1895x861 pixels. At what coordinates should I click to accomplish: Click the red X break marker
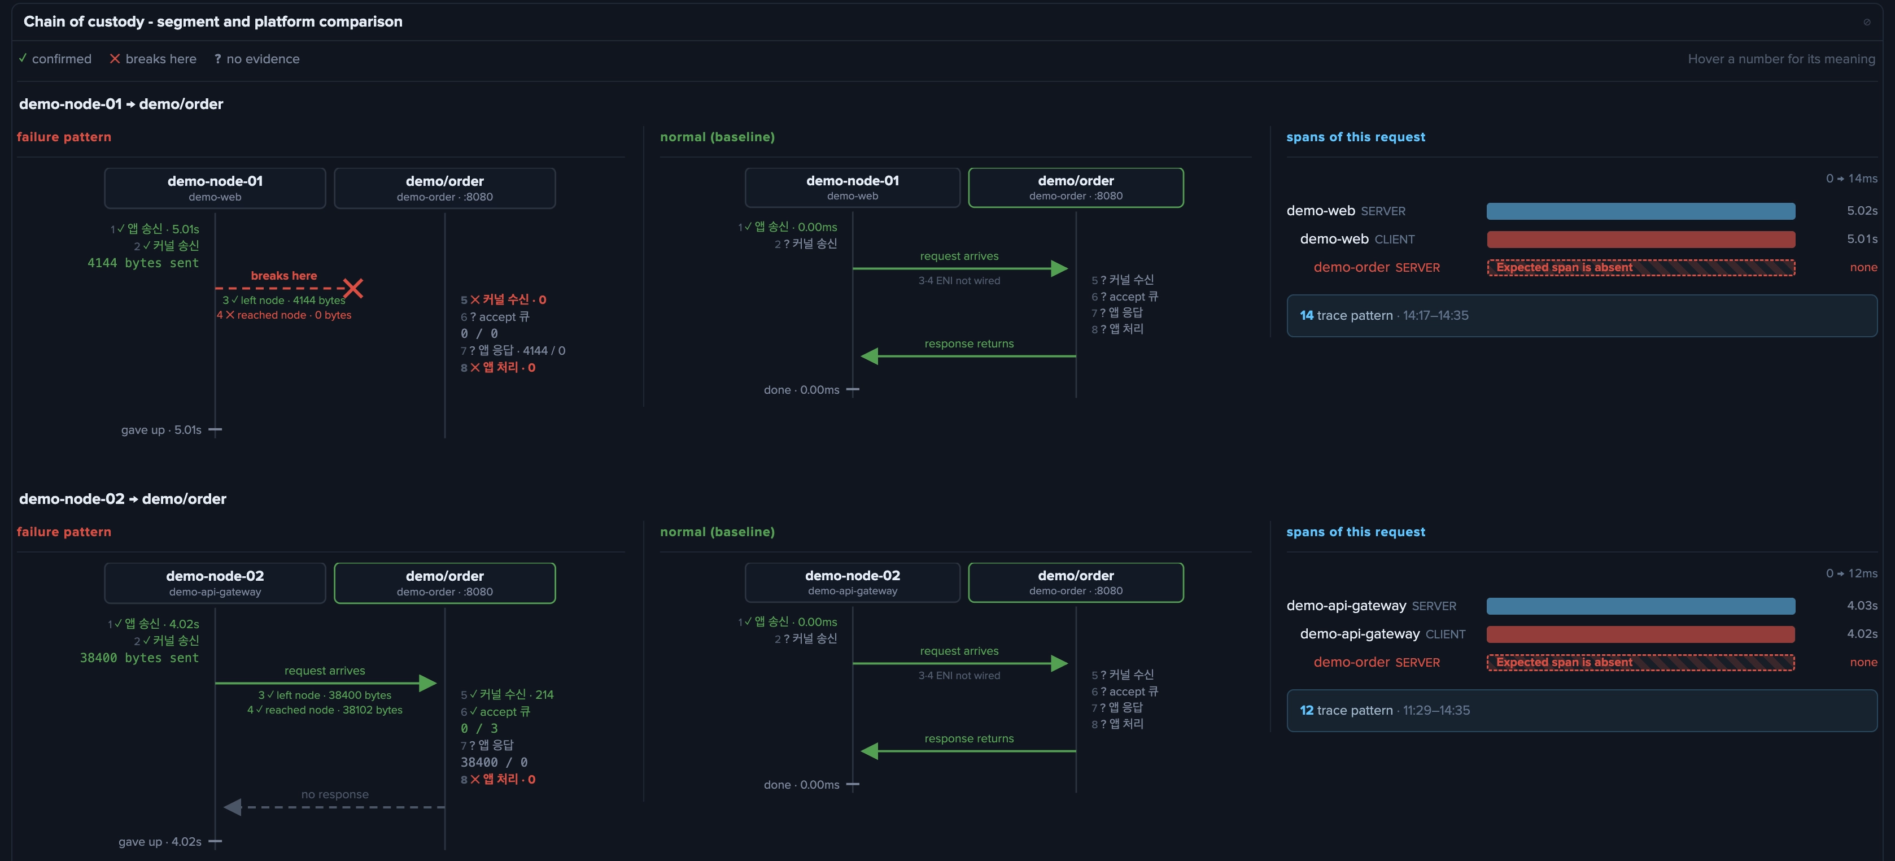point(353,288)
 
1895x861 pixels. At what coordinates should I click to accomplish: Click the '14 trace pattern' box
point(1582,316)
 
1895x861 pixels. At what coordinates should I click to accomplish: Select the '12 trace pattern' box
point(1582,710)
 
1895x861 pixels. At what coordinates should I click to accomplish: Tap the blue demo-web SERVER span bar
point(1640,211)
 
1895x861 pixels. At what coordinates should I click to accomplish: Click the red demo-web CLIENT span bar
point(1640,239)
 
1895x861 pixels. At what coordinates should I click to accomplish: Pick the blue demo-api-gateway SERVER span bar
point(1640,606)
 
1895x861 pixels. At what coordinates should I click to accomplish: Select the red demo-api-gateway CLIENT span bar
point(1640,634)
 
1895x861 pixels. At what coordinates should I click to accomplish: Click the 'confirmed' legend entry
point(55,59)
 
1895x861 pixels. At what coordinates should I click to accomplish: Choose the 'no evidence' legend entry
point(257,59)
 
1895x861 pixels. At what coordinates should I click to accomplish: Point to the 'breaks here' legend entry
point(153,59)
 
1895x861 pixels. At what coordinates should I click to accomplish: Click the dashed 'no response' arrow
point(335,807)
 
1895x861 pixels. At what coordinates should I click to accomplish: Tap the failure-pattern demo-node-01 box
point(215,188)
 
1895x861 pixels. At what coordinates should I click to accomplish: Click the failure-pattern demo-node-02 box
point(215,583)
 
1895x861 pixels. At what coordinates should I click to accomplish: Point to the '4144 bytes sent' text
point(143,263)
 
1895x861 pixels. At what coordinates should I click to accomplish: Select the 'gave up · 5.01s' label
point(161,430)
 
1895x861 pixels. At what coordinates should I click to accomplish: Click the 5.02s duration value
point(1862,211)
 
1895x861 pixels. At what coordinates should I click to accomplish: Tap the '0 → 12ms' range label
point(1852,573)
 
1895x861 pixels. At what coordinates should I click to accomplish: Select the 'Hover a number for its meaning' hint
point(1782,59)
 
